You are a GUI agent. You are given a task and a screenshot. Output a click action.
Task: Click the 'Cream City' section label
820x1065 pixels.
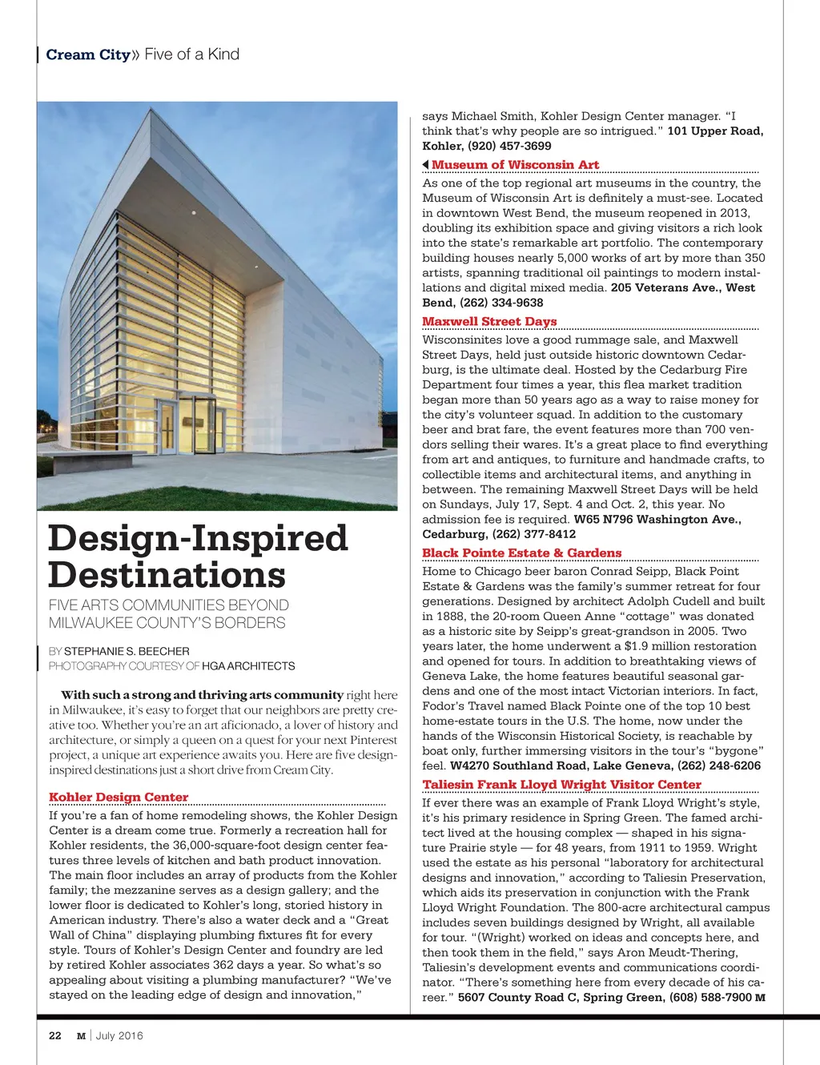point(88,54)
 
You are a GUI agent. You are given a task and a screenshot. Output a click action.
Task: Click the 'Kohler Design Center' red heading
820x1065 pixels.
point(119,797)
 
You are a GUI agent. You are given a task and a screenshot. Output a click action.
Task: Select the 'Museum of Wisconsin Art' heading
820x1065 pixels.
point(515,165)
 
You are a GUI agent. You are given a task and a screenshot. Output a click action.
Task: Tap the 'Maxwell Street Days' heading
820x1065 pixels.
point(489,321)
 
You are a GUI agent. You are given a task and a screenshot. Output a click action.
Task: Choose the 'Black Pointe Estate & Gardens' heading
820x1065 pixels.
point(521,553)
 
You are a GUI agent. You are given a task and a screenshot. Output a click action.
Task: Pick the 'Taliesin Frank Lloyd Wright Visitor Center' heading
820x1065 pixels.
point(561,784)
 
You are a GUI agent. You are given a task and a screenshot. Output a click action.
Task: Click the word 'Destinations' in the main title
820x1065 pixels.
point(167,575)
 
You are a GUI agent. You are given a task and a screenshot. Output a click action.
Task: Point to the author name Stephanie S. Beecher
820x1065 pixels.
point(127,651)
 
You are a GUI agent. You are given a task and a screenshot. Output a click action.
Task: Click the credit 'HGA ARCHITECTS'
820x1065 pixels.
point(248,665)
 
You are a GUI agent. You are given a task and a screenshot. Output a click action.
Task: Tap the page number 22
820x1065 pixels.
point(55,1035)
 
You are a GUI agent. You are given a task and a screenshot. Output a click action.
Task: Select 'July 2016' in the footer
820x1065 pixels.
point(119,1035)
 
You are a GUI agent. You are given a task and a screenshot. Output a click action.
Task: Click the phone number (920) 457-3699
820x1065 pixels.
point(509,146)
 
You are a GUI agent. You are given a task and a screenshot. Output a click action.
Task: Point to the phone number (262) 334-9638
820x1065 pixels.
point(501,303)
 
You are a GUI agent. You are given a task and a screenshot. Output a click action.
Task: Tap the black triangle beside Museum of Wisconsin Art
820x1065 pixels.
point(425,165)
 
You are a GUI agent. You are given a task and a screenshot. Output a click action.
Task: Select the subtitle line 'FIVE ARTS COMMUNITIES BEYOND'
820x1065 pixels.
point(168,605)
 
